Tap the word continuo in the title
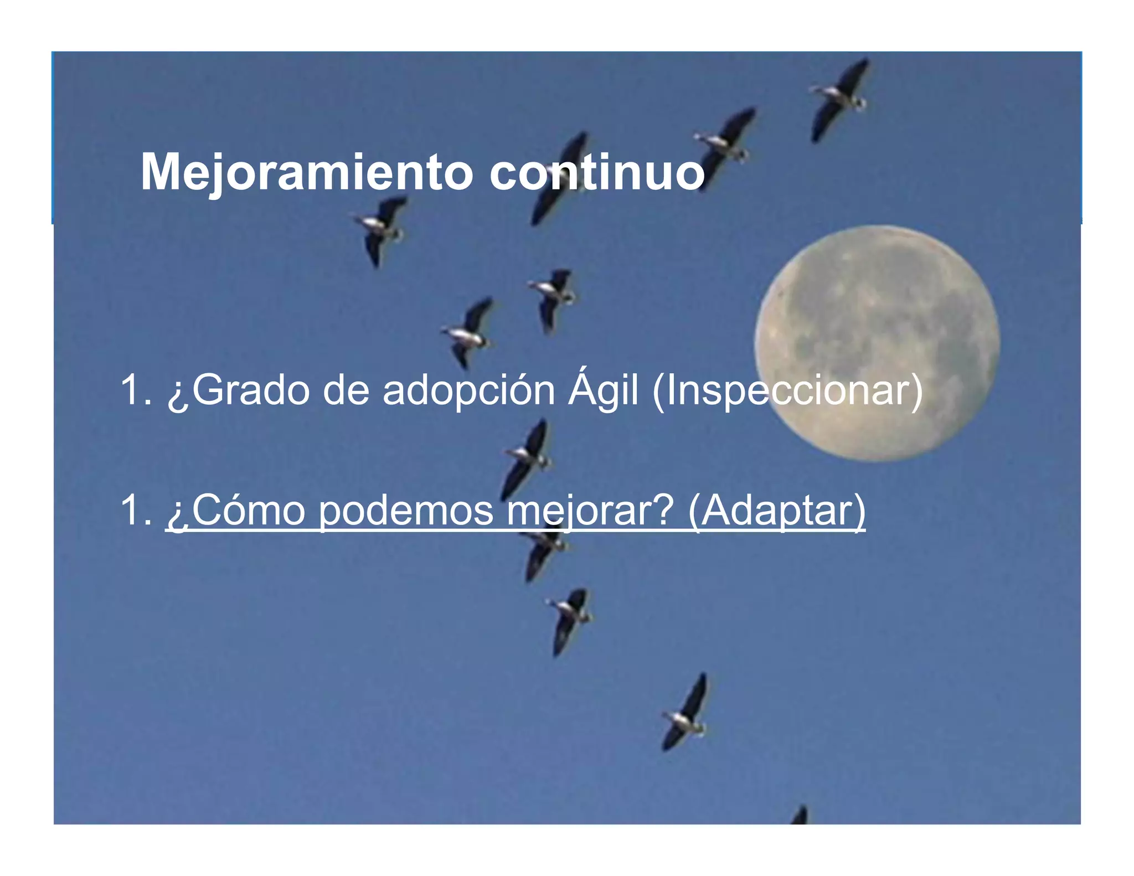596,173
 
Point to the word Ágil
603,391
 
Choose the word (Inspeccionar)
787,391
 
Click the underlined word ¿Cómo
236,511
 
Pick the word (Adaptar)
776,511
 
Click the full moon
878,343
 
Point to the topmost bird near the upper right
839,97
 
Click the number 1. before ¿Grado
136,391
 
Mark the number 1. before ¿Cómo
136,511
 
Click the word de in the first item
346,391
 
